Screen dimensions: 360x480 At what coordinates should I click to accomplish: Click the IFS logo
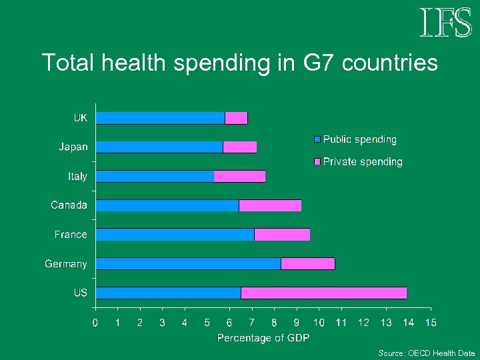[x=445, y=23]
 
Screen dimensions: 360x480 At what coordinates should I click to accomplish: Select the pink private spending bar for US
[x=323, y=293]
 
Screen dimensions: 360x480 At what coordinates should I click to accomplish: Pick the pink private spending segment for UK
[x=236, y=118]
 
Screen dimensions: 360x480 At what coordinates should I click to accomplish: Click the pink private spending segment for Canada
[x=270, y=205]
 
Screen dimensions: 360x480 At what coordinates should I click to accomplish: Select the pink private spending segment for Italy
[x=239, y=176]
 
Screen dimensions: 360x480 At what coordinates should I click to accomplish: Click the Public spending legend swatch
[x=317, y=140]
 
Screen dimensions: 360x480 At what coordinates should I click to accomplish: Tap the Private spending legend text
[x=363, y=162]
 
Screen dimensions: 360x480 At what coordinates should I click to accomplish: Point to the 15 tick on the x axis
[x=431, y=323]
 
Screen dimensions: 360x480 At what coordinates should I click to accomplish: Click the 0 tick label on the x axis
[x=95, y=323]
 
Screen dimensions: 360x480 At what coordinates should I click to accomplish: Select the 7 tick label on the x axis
[x=252, y=323]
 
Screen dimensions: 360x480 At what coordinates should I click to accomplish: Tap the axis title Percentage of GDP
[x=263, y=338]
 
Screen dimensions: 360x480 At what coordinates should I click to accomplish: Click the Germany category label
[x=66, y=264]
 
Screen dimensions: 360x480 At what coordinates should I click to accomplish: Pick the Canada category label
[x=69, y=205]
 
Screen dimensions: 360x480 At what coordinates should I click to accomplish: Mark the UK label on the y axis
[x=80, y=118]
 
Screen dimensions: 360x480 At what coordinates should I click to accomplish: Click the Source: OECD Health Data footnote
[x=427, y=353]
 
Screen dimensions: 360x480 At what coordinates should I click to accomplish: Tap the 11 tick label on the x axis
[x=341, y=323]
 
